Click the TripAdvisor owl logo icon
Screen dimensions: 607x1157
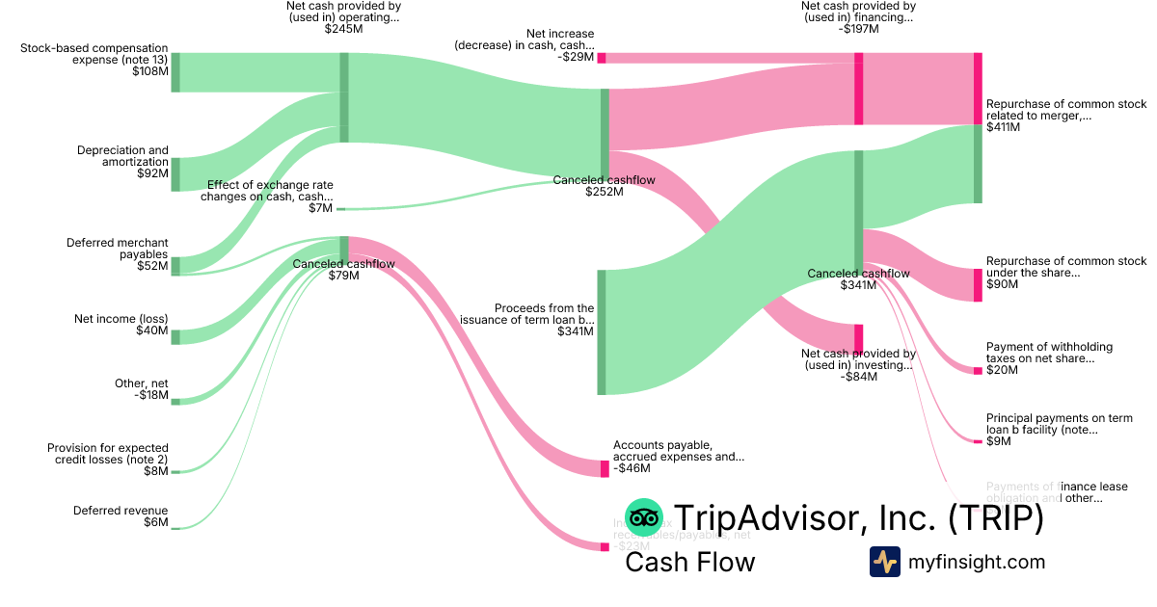click(643, 518)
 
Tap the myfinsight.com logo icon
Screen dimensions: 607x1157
click(885, 562)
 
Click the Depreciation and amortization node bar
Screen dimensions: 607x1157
click(175, 174)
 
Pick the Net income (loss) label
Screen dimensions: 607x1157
click(121, 318)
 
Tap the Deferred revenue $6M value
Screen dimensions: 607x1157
click(155, 523)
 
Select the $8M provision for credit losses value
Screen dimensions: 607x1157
click(155, 471)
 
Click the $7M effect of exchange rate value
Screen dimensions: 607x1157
click(320, 208)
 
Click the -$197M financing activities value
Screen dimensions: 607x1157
click(858, 29)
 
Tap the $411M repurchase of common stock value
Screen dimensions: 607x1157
click(1002, 127)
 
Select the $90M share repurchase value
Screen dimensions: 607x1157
click(1002, 284)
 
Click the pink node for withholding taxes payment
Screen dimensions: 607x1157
click(978, 370)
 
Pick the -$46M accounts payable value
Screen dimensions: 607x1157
click(632, 469)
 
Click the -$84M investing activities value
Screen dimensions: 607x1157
click(858, 377)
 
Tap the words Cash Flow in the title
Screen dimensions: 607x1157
click(689, 562)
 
